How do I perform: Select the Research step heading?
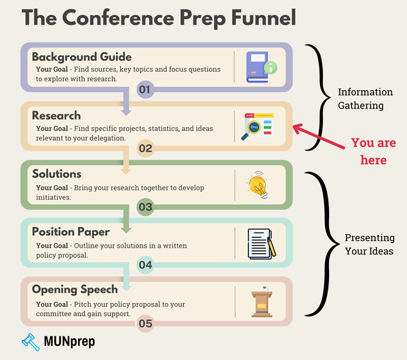click(56, 115)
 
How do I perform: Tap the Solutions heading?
click(57, 174)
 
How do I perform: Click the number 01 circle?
click(145, 89)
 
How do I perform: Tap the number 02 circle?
click(145, 148)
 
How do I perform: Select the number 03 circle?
click(145, 207)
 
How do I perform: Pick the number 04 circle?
click(145, 265)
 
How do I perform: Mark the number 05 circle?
click(145, 323)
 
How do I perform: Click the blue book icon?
click(263, 67)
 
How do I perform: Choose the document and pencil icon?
click(260, 243)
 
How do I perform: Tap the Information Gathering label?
click(364, 99)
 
